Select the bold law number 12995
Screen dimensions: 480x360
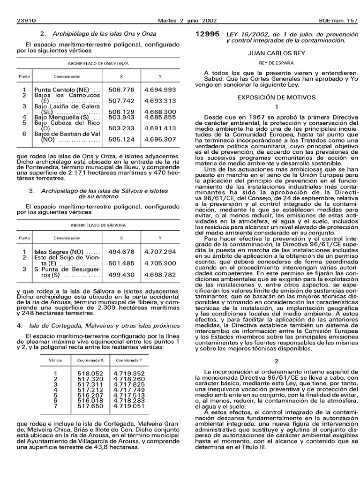point(207,34)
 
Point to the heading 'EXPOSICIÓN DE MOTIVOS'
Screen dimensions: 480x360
point(276,97)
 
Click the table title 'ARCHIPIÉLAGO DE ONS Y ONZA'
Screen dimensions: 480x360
point(98,63)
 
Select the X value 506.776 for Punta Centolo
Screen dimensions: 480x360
point(121,89)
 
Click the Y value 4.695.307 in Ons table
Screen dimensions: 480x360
point(160,139)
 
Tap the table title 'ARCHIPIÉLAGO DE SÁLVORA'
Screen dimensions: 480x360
point(98,225)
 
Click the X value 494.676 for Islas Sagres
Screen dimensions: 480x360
point(121,252)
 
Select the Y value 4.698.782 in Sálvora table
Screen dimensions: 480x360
point(160,274)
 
